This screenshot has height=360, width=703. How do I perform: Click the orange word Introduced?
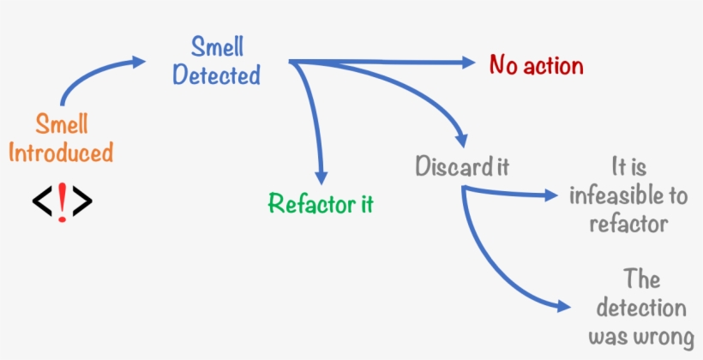point(61,153)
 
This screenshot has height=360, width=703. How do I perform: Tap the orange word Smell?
point(61,124)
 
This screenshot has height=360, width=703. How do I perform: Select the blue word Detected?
point(216,75)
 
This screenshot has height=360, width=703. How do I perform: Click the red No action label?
point(536,65)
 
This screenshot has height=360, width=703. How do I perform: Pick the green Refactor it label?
point(321,204)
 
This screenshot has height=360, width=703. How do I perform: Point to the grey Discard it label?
point(462,165)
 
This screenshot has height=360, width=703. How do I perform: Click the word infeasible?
point(628,196)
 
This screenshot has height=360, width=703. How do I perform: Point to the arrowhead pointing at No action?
point(467,62)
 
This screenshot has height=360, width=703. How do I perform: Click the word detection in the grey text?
point(642,308)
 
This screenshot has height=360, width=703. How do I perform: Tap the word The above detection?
point(642,279)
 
